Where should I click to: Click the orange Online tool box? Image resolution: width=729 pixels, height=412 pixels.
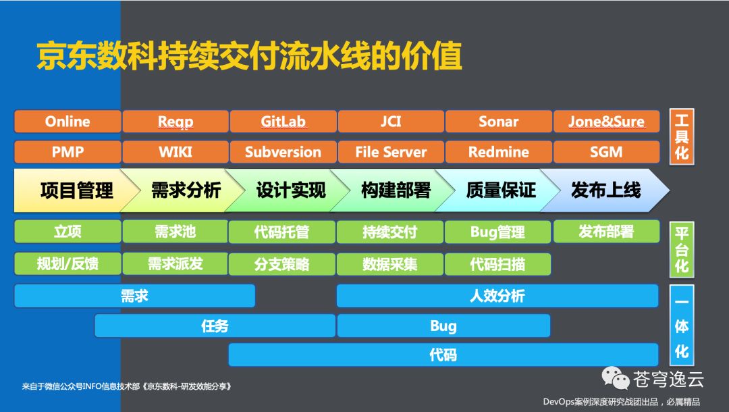click(67, 122)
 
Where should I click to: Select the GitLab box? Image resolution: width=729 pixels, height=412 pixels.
click(283, 122)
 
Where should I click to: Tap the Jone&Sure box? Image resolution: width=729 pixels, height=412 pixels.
click(606, 122)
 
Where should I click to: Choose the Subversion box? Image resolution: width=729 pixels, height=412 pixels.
click(283, 152)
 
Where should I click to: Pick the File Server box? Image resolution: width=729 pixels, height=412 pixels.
click(391, 152)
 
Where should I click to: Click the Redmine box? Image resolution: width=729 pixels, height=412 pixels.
click(499, 152)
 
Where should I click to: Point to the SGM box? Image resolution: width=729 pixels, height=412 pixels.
click(606, 152)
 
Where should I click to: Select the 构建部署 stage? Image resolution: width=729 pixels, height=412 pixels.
click(396, 190)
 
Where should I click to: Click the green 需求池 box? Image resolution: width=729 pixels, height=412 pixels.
click(175, 232)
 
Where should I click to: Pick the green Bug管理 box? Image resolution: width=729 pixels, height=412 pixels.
click(497, 232)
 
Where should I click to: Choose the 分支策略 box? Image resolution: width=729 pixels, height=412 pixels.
click(282, 264)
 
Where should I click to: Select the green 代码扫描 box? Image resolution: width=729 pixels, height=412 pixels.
click(497, 264)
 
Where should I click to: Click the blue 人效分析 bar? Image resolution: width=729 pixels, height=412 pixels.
click(497, 296)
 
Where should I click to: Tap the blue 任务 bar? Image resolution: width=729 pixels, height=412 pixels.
click(215, 326)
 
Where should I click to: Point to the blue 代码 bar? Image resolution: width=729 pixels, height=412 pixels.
click(443, 355)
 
